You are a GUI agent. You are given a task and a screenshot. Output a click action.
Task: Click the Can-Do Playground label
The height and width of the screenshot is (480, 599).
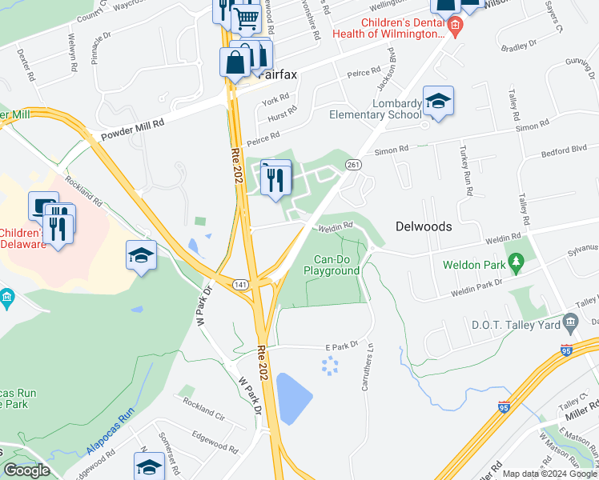click(332, 266)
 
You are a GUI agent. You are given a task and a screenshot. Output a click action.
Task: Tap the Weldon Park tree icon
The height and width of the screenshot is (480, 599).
click(517, 262)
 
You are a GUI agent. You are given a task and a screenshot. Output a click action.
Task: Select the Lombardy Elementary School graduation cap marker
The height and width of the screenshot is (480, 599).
click(438, 102)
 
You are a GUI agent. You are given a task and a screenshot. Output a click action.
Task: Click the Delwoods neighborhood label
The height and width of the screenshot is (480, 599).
click(424, 226)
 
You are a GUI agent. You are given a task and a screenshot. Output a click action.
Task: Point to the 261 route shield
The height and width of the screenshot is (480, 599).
click(352, 164)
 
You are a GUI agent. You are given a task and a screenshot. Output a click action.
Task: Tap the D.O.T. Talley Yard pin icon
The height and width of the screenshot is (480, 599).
click(570, 323)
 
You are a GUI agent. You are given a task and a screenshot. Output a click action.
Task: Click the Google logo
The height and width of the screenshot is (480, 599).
click(26, 470)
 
